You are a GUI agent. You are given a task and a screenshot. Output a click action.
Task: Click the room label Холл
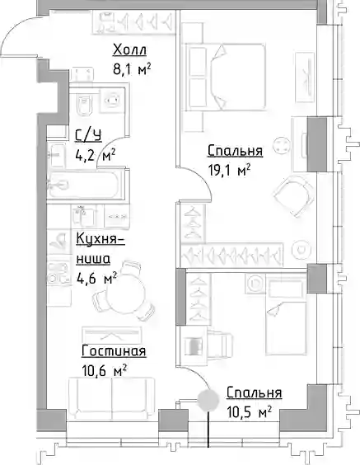129,49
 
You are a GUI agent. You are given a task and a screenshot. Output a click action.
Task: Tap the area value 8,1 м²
132,70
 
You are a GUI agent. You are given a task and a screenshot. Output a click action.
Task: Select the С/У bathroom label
88,136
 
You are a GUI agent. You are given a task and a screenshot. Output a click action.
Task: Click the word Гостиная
114,351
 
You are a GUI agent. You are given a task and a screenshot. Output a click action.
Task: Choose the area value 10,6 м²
105,371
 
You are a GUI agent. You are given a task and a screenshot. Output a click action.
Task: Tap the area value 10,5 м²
249,412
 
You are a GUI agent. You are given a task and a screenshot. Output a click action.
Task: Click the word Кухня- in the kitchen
101,240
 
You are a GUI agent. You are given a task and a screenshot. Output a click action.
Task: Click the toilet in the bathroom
84,105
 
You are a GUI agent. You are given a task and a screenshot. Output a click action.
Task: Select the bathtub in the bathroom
83,186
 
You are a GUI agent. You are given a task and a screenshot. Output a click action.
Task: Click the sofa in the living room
111,399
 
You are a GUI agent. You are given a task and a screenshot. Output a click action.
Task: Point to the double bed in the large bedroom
225,77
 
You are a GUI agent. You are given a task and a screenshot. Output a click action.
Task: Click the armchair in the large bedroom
294,196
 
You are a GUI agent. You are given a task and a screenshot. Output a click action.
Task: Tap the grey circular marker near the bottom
208,401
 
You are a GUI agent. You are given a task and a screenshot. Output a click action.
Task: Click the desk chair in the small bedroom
219,345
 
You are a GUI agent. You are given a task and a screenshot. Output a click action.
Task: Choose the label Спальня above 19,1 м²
235,151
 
